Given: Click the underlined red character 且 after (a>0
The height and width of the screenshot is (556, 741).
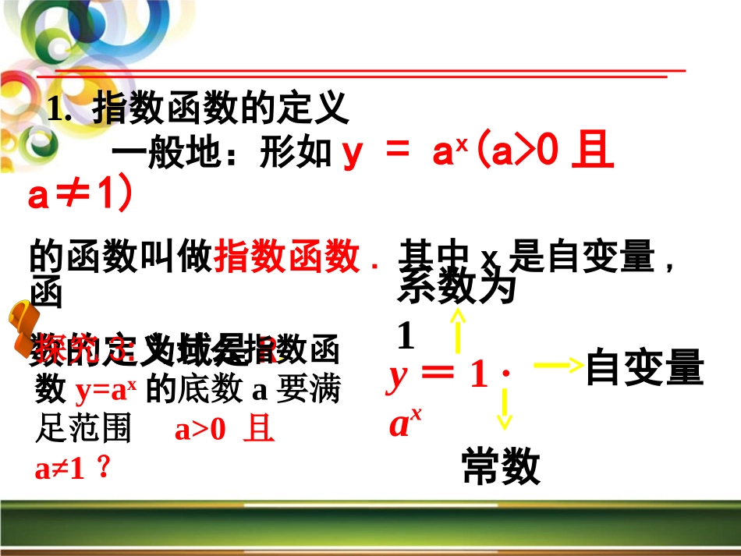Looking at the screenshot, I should coord(593,154).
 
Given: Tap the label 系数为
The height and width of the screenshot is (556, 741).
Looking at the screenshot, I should coord(456,289).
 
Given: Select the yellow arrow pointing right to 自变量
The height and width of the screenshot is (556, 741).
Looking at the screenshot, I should coord(557,364).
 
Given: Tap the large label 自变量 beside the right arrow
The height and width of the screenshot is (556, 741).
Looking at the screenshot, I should coord(644,367).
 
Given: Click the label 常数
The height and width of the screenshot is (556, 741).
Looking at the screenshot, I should coord(501,467).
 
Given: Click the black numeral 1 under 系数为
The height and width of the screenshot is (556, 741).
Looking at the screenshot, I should coord(405,336).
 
